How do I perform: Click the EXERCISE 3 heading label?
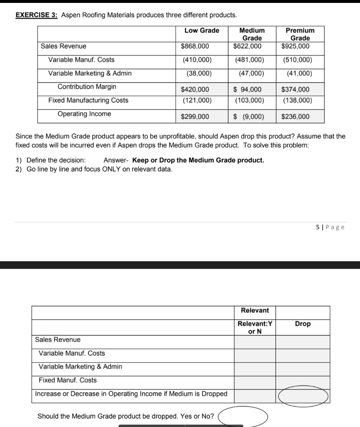pos(36,15)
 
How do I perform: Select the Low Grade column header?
pos(202,30)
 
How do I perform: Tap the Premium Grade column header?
pos(300,34)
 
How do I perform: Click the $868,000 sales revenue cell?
pos(195,46)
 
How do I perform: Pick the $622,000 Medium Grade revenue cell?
pos(247,46)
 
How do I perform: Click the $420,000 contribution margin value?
pos(195,90)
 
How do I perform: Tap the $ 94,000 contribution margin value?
pos(247,90)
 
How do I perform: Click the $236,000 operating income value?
pos(295,117)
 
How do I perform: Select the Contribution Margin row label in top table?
pos(87,87)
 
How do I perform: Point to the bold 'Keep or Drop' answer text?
pos(198,161)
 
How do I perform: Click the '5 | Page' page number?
pos(330,227)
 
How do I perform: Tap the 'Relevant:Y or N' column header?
pos(255,327)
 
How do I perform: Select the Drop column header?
pos(302,324)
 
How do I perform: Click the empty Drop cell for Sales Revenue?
pos(302,342)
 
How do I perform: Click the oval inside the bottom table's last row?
pos(303,396)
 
